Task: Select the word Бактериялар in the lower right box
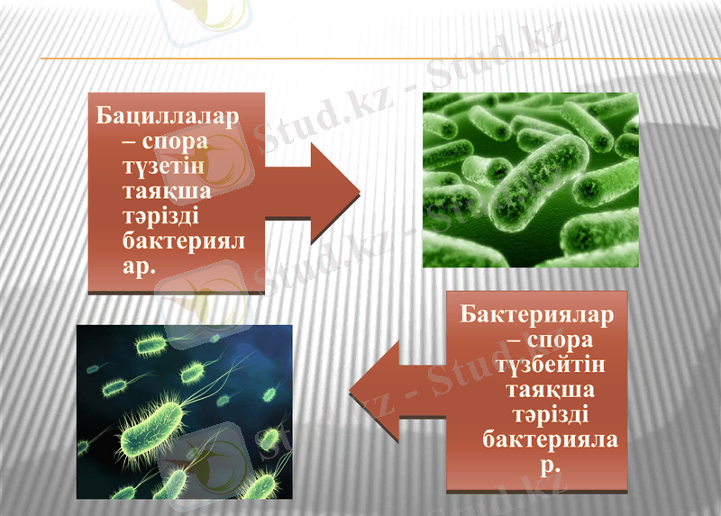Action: click(x=536, y=317)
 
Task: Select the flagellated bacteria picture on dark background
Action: click(x=184, y=412)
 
